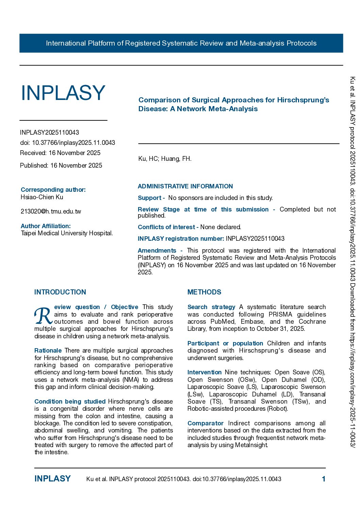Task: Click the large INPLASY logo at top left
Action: (x=63, y=93)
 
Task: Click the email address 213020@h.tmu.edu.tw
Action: (x=51, y=211)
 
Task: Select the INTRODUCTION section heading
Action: (x=60, y=292)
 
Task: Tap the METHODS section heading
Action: (x=204, y=292)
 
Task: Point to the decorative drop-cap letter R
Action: (x=43, y=316)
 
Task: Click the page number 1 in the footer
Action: (x=324, y=479)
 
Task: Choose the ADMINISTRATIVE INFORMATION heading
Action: (x=185, y=186)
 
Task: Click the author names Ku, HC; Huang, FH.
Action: (x=165, y=159)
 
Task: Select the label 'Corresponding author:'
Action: (x=53, y=190)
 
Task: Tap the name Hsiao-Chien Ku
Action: (x=42, y=197)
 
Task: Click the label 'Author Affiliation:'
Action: (x=46, y=226)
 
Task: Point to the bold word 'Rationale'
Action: (x=48, y=351)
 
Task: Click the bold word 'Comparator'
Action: (x=206, y=423)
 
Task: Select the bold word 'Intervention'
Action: (x=204, y=372)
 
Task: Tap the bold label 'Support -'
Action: (x=151, y=198)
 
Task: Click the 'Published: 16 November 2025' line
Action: (x=61, y=166)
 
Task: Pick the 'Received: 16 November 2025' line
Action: (x=60, y=153)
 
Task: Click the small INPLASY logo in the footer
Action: (x=52, y=479)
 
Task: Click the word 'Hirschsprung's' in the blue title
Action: (x=303, y=100)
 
